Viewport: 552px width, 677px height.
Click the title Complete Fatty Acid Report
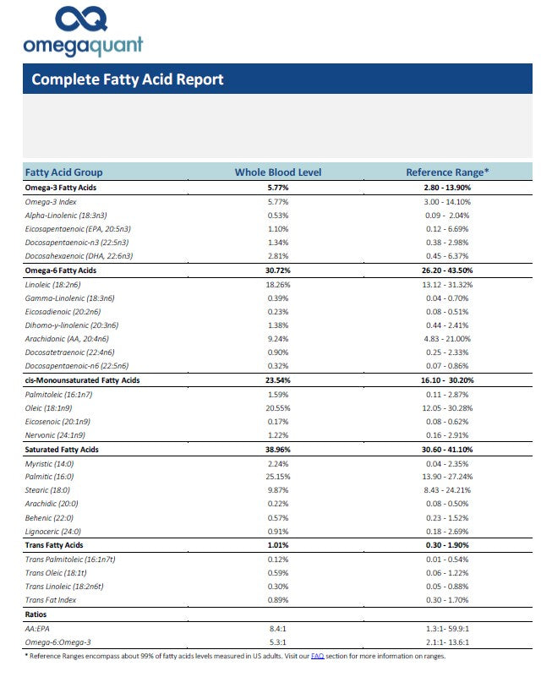coord(127,79)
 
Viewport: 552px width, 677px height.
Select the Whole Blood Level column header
coord(278,172)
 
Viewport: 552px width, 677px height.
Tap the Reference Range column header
coord(447,172)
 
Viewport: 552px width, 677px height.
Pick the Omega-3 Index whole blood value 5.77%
coord(278,202)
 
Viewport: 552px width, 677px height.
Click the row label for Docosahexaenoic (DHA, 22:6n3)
coord(79,256)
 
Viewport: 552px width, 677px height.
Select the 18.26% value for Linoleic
coord(278,285)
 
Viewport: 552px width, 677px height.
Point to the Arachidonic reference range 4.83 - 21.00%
coord(447,339)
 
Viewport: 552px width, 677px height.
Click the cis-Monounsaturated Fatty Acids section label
coord(82,380)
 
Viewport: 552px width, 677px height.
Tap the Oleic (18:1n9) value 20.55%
coord(278,408)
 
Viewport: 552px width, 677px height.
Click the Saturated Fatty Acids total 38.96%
coord(278,450)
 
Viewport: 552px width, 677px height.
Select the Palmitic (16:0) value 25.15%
coord(278,477)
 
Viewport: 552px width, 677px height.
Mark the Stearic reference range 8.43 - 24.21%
coord(447,490)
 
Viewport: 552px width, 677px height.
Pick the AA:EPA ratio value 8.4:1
coord(278,628)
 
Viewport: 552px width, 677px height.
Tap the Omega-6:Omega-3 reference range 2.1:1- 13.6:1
coord(447,642)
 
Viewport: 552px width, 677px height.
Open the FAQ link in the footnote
coord(317,656)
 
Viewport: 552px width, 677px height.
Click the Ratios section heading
coord(37,614)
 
